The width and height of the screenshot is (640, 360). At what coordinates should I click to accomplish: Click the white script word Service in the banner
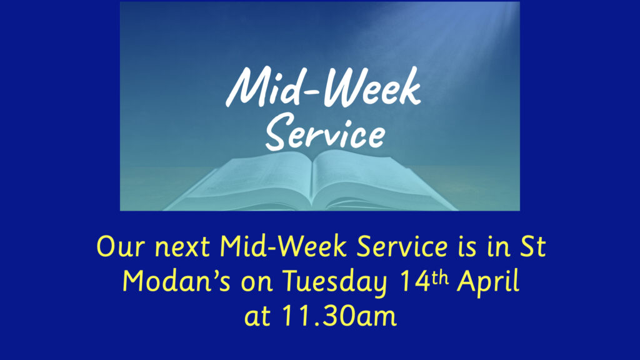point(325,131)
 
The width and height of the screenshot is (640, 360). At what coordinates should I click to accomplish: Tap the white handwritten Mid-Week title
point(323,87)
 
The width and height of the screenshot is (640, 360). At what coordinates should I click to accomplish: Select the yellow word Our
point(121,246)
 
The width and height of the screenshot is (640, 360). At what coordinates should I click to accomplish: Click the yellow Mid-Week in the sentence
point(283,246)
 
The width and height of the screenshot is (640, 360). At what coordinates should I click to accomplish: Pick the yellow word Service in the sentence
point(402,246)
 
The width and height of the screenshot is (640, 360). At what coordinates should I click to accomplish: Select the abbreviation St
point(533,246)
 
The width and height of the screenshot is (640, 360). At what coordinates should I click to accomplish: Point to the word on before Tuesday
point(257,283)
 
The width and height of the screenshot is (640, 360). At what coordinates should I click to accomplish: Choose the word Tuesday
point(335,282)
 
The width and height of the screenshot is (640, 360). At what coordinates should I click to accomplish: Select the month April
point(488,282)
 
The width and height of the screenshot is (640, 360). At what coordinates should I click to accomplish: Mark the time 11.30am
point(339,315)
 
